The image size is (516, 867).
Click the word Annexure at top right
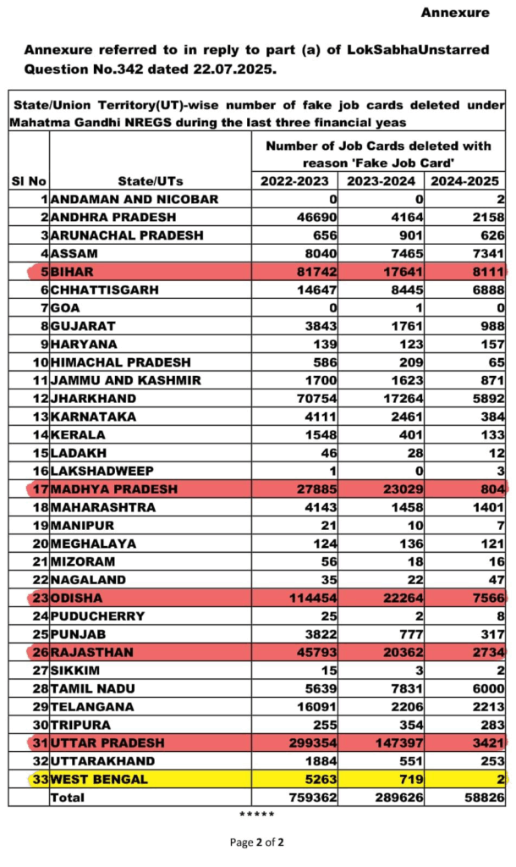coord(455,13)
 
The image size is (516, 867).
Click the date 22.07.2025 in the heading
coord(233,69)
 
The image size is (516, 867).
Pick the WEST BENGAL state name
coord(99,779)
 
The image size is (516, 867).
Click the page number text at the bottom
coord(257,842)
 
